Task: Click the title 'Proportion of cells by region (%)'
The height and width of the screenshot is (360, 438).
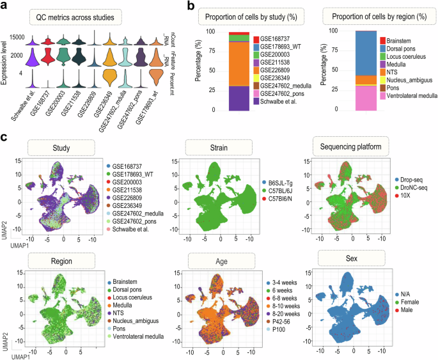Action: click(377, 14)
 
